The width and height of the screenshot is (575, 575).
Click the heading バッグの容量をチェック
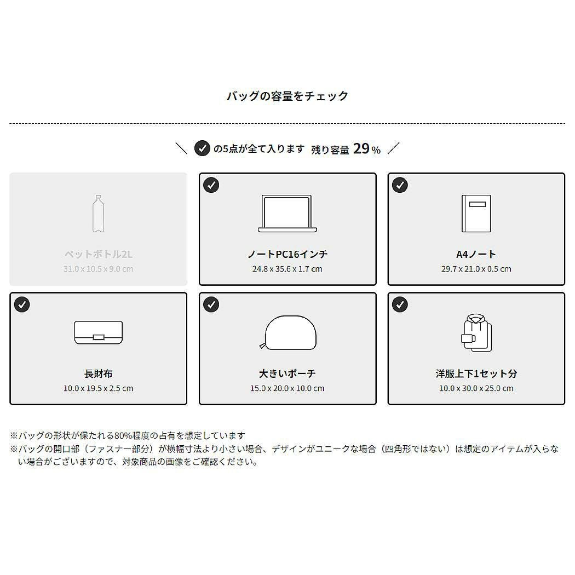(287, 96)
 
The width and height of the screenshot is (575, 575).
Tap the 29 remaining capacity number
(361, 148)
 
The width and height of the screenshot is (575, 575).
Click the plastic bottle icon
(98, 214)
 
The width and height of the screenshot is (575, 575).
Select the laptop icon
(287, 214)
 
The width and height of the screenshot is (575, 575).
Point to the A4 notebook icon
(476, 214)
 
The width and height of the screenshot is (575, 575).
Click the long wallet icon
(98, 332)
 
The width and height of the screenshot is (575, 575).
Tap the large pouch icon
(288, 332)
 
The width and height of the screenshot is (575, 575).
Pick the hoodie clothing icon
(476, 332)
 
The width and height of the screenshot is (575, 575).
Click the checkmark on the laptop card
(211, 185)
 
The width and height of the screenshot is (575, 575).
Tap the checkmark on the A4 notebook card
(400, 185)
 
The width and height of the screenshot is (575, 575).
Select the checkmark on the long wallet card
(22, 304)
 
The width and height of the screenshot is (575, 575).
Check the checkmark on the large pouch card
(211, 304)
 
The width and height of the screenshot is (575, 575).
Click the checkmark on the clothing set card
(400, 304)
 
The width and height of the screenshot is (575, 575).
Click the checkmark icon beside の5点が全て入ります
(202, 148)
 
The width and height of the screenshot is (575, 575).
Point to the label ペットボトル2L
(98, 254)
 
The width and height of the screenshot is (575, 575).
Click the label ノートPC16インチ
(287, 254)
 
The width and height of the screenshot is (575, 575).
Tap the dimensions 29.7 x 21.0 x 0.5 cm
(476, 269)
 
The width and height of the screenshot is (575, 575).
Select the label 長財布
(98, 373)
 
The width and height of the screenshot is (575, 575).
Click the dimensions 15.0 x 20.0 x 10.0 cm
(287, 388)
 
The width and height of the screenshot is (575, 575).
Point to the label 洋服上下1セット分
(476, 373)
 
